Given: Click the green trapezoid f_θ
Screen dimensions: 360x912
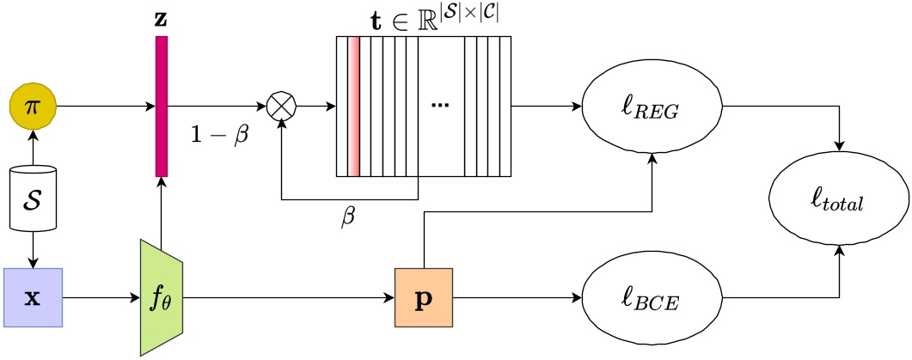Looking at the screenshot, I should tap(161, 296).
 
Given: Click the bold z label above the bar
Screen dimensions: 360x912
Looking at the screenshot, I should tap(161, 18).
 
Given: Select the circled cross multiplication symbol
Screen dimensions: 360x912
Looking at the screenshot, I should tap(280, 107).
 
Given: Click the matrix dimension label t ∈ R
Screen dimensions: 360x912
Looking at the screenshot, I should tap(425, 17).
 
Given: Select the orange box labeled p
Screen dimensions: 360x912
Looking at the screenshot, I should tap(424, 296).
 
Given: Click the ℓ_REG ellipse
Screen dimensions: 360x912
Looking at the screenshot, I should tap(654, 107).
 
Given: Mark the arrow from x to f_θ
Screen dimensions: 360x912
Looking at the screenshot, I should tap(100, 296).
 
